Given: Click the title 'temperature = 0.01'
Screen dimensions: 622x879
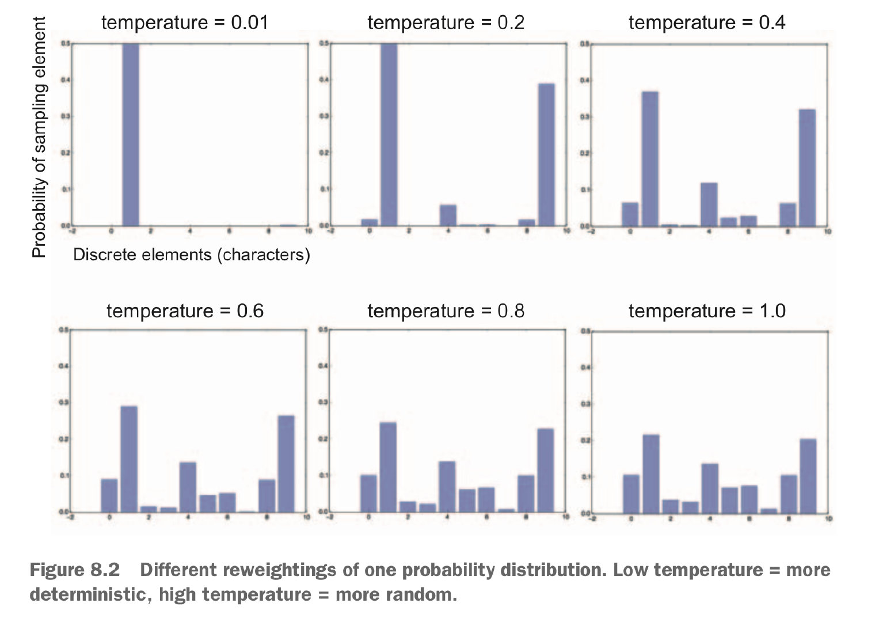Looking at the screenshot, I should click(x=184, y=22).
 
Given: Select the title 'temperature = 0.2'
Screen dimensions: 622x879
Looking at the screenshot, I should click(x=446, y=22).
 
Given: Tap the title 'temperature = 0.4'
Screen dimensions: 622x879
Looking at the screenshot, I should click(x=706, y=22).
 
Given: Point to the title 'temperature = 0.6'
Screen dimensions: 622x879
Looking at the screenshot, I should click(x=184, y=311).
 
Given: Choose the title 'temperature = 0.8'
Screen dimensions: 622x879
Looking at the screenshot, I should click(x=446, y=311).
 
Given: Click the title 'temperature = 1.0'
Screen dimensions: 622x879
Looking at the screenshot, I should click(x=706, y=311).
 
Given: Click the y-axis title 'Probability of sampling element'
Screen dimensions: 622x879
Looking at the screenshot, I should click(x=39, y=137).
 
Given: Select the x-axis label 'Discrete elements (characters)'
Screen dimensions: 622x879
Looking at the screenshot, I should click(x=191, y=255).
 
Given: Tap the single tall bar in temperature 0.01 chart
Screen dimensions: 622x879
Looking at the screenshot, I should click(x=131, y=134).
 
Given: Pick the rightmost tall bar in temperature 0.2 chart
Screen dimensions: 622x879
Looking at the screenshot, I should click(x=546, y=154).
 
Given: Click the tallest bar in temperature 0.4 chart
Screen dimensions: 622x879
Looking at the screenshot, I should click(x=650, y=158).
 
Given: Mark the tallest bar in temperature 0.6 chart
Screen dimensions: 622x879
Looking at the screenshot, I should click(x=129, y=459).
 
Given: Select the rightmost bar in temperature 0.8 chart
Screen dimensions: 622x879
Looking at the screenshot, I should click(x=545, y=470).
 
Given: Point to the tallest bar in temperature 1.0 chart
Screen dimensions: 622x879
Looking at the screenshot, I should click(x=651, y=473).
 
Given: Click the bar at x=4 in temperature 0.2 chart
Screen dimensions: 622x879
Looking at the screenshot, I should click(x=448, y=215).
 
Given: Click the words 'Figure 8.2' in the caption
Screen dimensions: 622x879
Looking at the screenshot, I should click(x=74, y=570).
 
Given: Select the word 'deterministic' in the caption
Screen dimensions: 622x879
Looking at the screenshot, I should click(x=91, y=594).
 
